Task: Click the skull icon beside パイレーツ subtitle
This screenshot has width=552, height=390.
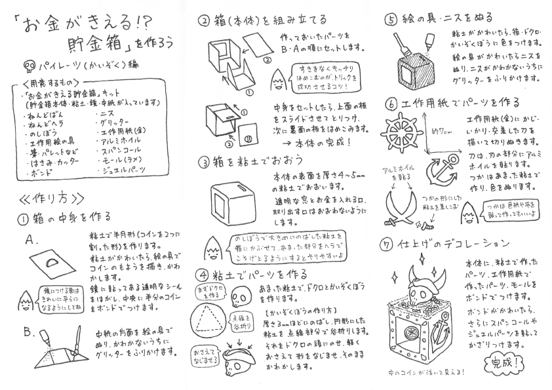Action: [x=29, y=66]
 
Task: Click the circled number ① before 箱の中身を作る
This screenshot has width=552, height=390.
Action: [x=23, y=220]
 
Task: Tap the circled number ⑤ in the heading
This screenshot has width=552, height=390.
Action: [x=391, y=20]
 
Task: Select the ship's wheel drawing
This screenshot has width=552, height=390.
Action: [x=400, y=132]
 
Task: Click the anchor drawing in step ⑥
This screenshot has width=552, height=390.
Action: [x=443, y=170]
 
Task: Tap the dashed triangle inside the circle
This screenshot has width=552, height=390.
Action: [x=209, y=319]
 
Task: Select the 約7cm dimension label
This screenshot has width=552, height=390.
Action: [x=442, y=132]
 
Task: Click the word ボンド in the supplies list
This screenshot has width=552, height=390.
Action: [x=40, y=173]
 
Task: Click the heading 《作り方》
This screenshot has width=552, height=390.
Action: [x=52, y=199]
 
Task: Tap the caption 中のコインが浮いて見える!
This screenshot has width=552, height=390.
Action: [x=426, y=372]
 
